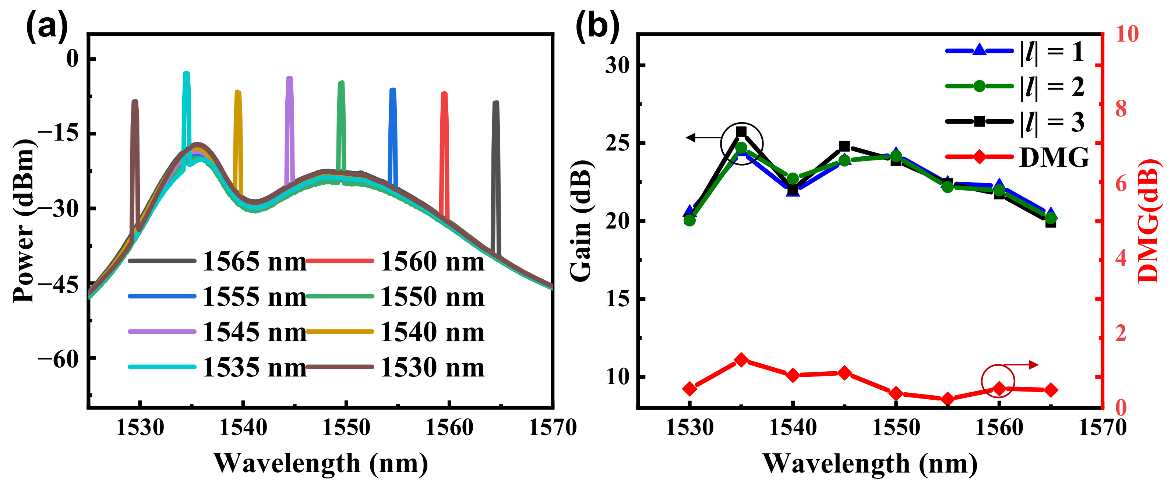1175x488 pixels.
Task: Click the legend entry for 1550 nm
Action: (431, 297)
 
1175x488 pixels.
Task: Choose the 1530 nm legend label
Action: (431, 368)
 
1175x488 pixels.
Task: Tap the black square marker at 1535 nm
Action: (741, 132)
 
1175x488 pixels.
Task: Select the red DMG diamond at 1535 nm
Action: (741, 360)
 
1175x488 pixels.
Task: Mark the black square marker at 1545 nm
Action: (844, 146)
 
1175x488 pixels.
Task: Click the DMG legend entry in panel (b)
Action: (1054, 158)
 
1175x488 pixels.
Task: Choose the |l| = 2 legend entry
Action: (1051, 86)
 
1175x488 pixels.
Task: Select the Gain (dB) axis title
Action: (581, 221)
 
